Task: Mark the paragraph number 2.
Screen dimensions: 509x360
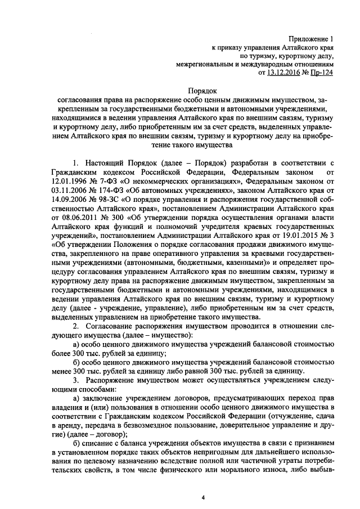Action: coord(75,327)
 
